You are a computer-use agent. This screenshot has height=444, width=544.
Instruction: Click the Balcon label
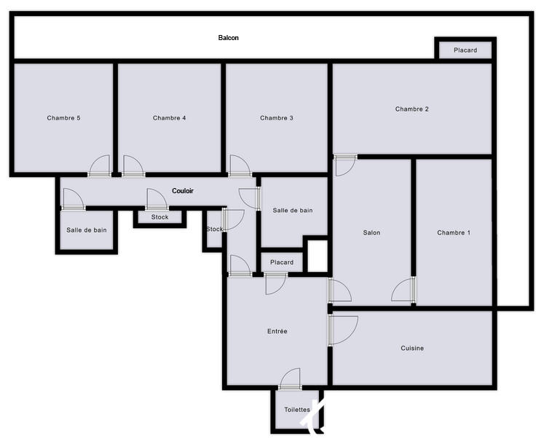pos(228,38)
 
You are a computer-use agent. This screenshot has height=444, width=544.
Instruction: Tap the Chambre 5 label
pos(63,118)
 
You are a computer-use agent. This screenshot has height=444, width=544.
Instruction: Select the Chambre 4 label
pos(170,118)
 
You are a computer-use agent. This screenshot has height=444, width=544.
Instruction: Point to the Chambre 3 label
pos(277,118)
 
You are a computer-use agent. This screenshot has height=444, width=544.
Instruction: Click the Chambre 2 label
pos(412,109)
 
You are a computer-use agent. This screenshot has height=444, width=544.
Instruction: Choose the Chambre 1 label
pos(454,233)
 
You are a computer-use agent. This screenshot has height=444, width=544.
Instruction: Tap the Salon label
pos(372,233)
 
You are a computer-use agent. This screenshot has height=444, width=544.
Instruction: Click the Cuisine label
pos(412,348)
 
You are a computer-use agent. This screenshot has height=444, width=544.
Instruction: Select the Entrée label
pos(277,332)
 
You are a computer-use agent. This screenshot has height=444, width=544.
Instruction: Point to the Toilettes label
pos(297,410)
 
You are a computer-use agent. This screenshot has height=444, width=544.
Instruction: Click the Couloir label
pos(183,191)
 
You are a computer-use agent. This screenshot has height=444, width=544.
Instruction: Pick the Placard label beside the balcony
pos(465,50)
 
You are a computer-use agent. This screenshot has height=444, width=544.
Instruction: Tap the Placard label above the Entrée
pos(282,262)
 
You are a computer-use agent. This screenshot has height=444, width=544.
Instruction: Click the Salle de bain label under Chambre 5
pos(87,230)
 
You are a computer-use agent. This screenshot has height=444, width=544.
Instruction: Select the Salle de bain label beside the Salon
pos(293,211)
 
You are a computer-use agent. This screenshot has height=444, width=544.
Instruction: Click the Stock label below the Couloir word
pos(159,217)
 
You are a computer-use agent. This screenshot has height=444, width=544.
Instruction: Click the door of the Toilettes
pos(290,379)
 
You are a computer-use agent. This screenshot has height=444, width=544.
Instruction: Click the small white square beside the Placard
pos(318,256)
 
